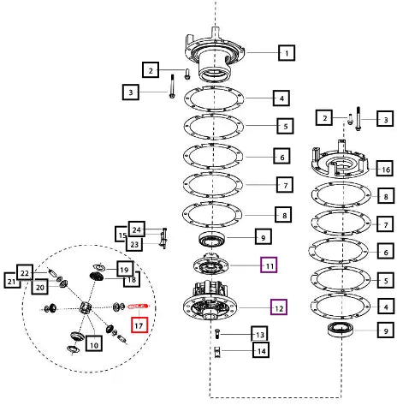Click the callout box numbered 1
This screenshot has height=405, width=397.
pyautogui.click(x=287, y=53)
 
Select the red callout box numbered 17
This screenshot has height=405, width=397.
pyautogui.click(x=139, y=325)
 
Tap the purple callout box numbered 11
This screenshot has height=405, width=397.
pyautogui.click(x=269, y=265)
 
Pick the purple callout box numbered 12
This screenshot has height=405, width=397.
pyautogui.click(x=279, y=307)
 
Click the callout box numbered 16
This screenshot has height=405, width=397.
pyautogui.click(x=385, y=169)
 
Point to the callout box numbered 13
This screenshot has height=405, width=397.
pyautogui.click(x=259, y=334)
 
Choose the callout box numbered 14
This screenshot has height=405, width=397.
pyautogui.click(x=261, y=350)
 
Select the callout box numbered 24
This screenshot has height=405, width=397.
pyautogui.click(x=137, y=229)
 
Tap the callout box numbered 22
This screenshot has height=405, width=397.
pyautogui.click(x=25, y=272)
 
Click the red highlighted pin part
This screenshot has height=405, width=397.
pyautogui.click(x=139, y=307)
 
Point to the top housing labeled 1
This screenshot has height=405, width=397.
pyautogui.click(x=215, y=53)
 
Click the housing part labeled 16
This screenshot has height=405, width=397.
pyautogui.click(x=340, y=161)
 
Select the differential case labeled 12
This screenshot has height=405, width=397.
pyautogui.click(x=210, y=301)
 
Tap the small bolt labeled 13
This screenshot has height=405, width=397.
pyautogui.click(x=216, y=333)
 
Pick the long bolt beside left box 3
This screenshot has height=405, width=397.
pyautogui.click(x=172, y=86)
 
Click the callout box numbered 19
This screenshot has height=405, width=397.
pyautogui.click(x=125, y=269)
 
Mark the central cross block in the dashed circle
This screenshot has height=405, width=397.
pyautogui.click(x=86, y=308)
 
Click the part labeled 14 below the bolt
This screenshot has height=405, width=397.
pyautogui.click(x=217, y=352)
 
